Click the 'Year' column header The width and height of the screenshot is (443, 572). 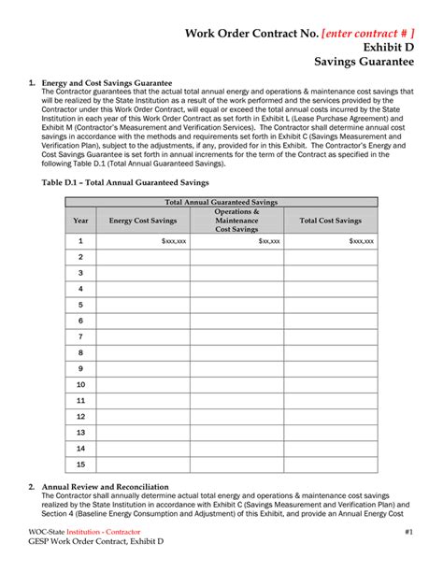(x=80, y=221)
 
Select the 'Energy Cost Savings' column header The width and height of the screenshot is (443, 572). (x=142, y=221)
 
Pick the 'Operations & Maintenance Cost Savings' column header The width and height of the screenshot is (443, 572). (x=236, y=221)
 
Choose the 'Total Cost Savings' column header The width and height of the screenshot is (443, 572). (x=330, y=221)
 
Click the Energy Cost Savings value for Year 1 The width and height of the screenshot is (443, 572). (x=173, y=241)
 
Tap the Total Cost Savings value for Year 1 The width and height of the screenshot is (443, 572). (x=361, y=241)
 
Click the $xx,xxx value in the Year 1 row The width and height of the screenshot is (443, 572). (x=268, y=241)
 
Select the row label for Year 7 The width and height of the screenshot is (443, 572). (x=80, y=336)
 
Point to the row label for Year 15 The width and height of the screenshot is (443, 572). (x=80, y=465)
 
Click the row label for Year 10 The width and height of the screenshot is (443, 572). (x=80, y=384)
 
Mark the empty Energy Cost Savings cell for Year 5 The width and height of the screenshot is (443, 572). (x=142, y=305)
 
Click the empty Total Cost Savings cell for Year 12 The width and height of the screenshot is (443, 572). (x=330, y=416)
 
